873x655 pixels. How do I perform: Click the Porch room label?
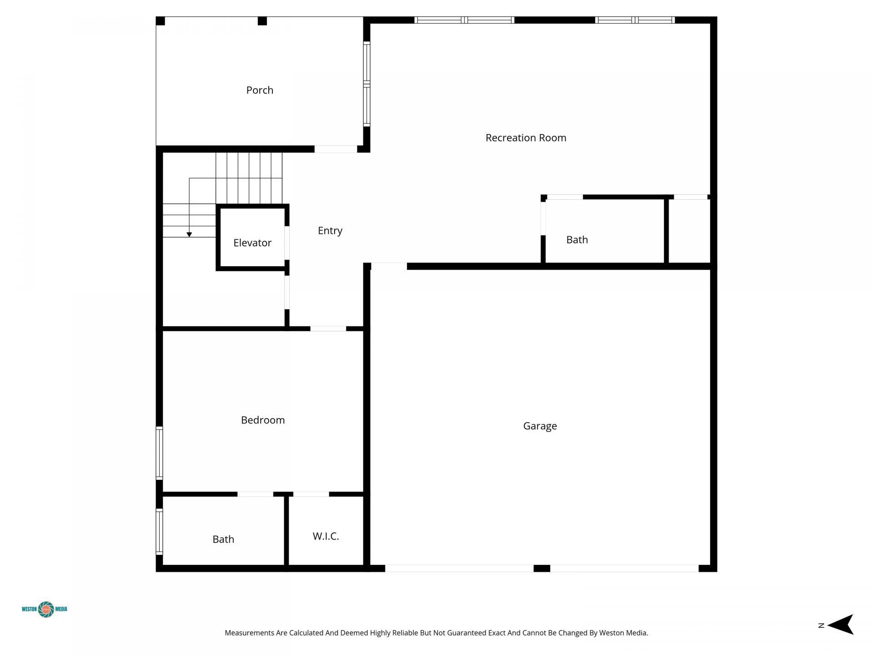pos(260,90)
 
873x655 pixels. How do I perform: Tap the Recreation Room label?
pos(526,138)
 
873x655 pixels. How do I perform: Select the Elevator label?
pos(252,243)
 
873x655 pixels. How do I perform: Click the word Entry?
pos(330,231)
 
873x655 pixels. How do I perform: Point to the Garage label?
pos(540,426)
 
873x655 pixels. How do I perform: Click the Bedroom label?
pos(263,420)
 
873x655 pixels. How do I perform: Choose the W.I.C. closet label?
pos(326,536)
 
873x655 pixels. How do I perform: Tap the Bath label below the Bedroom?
pos(223,539)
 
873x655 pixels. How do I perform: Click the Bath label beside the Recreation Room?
pos(577,240)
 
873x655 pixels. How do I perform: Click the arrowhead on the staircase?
pos(189,235)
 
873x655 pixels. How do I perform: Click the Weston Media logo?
pos(45,609)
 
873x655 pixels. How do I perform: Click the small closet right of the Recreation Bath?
pos(689,231)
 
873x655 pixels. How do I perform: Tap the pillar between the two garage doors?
pos(542,568)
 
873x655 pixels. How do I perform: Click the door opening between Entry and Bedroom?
pos(328,328)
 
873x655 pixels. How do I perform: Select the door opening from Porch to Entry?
pos(336,149)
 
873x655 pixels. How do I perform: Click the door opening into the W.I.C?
pos(311,494)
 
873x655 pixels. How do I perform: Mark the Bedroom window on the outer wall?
pos(159,453)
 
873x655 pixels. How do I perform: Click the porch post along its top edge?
pos(262,21)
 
